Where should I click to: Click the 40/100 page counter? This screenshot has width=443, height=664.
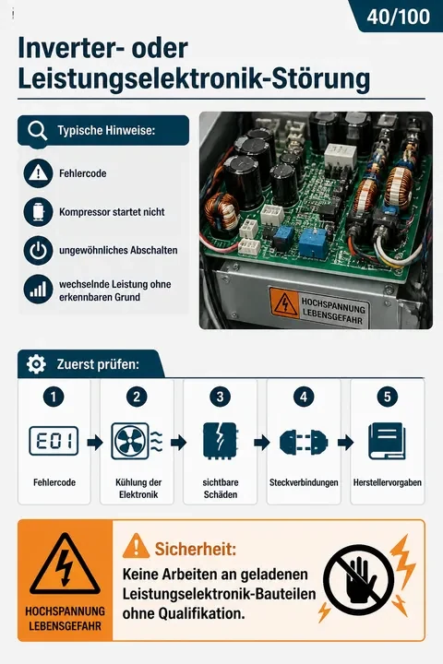coord(398,17)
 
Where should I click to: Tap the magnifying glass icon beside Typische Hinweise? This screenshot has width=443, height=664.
coord(37,131)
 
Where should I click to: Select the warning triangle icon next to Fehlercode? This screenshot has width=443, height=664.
coord(38,173)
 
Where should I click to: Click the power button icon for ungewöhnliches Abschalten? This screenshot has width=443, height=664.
coord(38,250)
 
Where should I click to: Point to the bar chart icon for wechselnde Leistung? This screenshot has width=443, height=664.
coord(38,290)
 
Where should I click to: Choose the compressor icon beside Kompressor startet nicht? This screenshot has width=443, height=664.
coord(38,212)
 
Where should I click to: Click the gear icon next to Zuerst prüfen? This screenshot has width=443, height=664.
coord(36,363)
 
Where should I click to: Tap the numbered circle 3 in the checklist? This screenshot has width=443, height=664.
coord(220,397)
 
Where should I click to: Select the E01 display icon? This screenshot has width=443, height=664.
coord(54,441)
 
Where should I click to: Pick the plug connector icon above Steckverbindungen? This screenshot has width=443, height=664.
coord(304,443)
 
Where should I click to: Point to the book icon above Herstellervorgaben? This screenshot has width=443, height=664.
coord(387,441)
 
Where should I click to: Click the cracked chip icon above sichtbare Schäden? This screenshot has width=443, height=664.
coord(220,441)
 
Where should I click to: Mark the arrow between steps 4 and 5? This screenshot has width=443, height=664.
coord(345,443)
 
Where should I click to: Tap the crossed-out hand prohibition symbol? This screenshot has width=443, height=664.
coord(358,580)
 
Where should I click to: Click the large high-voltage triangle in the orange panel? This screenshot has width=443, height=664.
coord(65,564)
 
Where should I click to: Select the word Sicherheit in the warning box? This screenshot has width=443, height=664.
coord(196,549)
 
